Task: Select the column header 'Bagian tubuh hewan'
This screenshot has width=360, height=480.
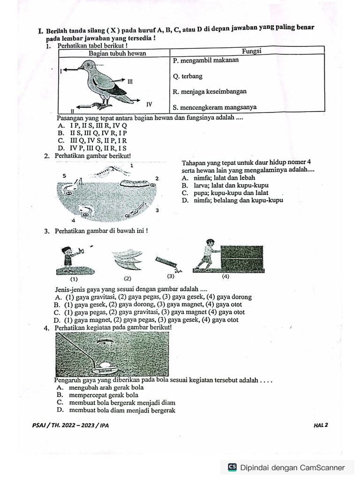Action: click(x=117, y=53)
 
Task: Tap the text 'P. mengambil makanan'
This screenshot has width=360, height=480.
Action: click(x=205, y=60)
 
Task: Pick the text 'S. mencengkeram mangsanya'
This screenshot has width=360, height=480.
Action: click(x=214, y=107)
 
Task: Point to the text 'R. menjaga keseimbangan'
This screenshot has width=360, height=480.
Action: click(x=210, y=91)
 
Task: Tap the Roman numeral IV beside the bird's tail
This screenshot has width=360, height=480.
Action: click(x=149, y=103)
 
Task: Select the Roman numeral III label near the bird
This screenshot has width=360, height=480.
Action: click(x=130, y=81)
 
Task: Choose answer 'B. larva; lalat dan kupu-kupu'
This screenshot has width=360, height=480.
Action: click(x=225, y=185)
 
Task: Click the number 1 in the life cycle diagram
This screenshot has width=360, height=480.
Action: click(x=132, y=165)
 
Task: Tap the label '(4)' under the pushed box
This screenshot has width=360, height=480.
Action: click(x=226, y=277)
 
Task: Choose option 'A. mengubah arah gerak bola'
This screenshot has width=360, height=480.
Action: click(x=100, y=388)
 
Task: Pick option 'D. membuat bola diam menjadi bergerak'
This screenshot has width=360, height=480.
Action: click(x=115, y=410)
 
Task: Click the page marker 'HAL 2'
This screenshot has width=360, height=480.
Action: click(x=321, y=426)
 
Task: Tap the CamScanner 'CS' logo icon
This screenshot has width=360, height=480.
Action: click(x=232, y=467)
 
